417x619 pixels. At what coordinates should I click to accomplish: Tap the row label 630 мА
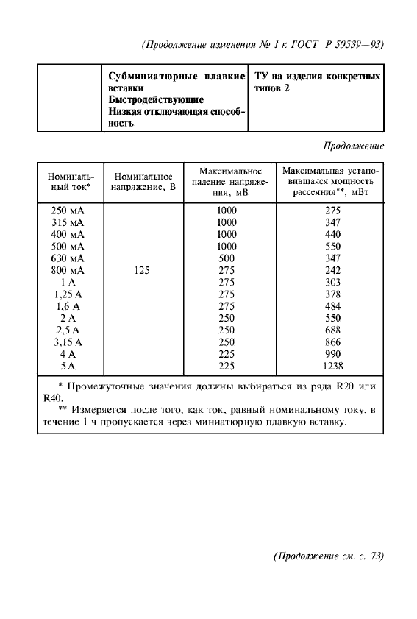(69, 258)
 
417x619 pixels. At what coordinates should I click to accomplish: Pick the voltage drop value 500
(227, 258)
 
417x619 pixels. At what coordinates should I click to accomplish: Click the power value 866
(332, 342)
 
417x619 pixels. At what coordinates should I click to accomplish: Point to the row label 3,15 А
(69, 342)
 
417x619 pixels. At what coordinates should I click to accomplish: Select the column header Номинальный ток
(69, 182)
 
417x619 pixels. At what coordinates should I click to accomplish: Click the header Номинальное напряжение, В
(143, 182)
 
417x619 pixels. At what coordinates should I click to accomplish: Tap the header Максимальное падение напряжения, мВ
(227, 182)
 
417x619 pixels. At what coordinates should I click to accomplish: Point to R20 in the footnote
(345, 386)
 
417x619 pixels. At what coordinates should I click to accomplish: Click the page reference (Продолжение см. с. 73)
(328, 556)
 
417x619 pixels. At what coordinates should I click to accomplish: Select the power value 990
(332, 354)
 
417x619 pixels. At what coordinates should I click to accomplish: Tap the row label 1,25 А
(69, 294)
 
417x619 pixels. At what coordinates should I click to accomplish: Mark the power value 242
(332, 270)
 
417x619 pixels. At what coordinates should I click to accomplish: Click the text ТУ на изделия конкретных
(317, 76)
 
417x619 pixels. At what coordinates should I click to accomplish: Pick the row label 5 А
(69, 366)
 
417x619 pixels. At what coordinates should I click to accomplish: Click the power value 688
(332, 330)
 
